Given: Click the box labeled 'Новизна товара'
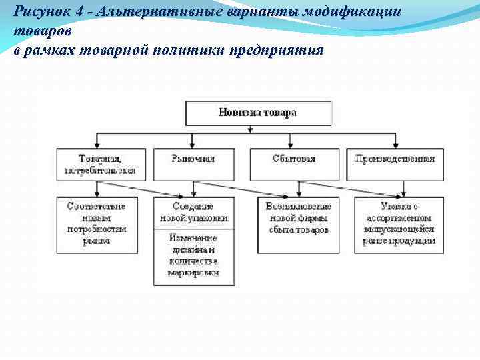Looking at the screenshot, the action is (x=257, y=113).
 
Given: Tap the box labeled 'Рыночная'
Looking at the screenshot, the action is (x=193, y=159).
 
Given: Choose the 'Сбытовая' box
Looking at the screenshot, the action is (x=294, y=159).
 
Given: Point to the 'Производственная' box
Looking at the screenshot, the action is (x=395, y=159).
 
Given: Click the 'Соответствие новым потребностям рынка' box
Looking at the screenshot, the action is (x=97, y=224).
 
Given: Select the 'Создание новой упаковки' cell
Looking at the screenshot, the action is (x=193, y=213).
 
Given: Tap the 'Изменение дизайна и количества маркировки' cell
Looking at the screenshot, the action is (x=193, y=256).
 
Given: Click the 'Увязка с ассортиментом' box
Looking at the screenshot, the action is (x=399, y=224).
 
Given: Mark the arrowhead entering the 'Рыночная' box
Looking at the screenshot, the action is (x=193, y=145).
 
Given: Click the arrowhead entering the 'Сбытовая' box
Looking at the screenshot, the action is (x=294, y=145).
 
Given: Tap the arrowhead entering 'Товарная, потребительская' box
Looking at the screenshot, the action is (x=97, y=145).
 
